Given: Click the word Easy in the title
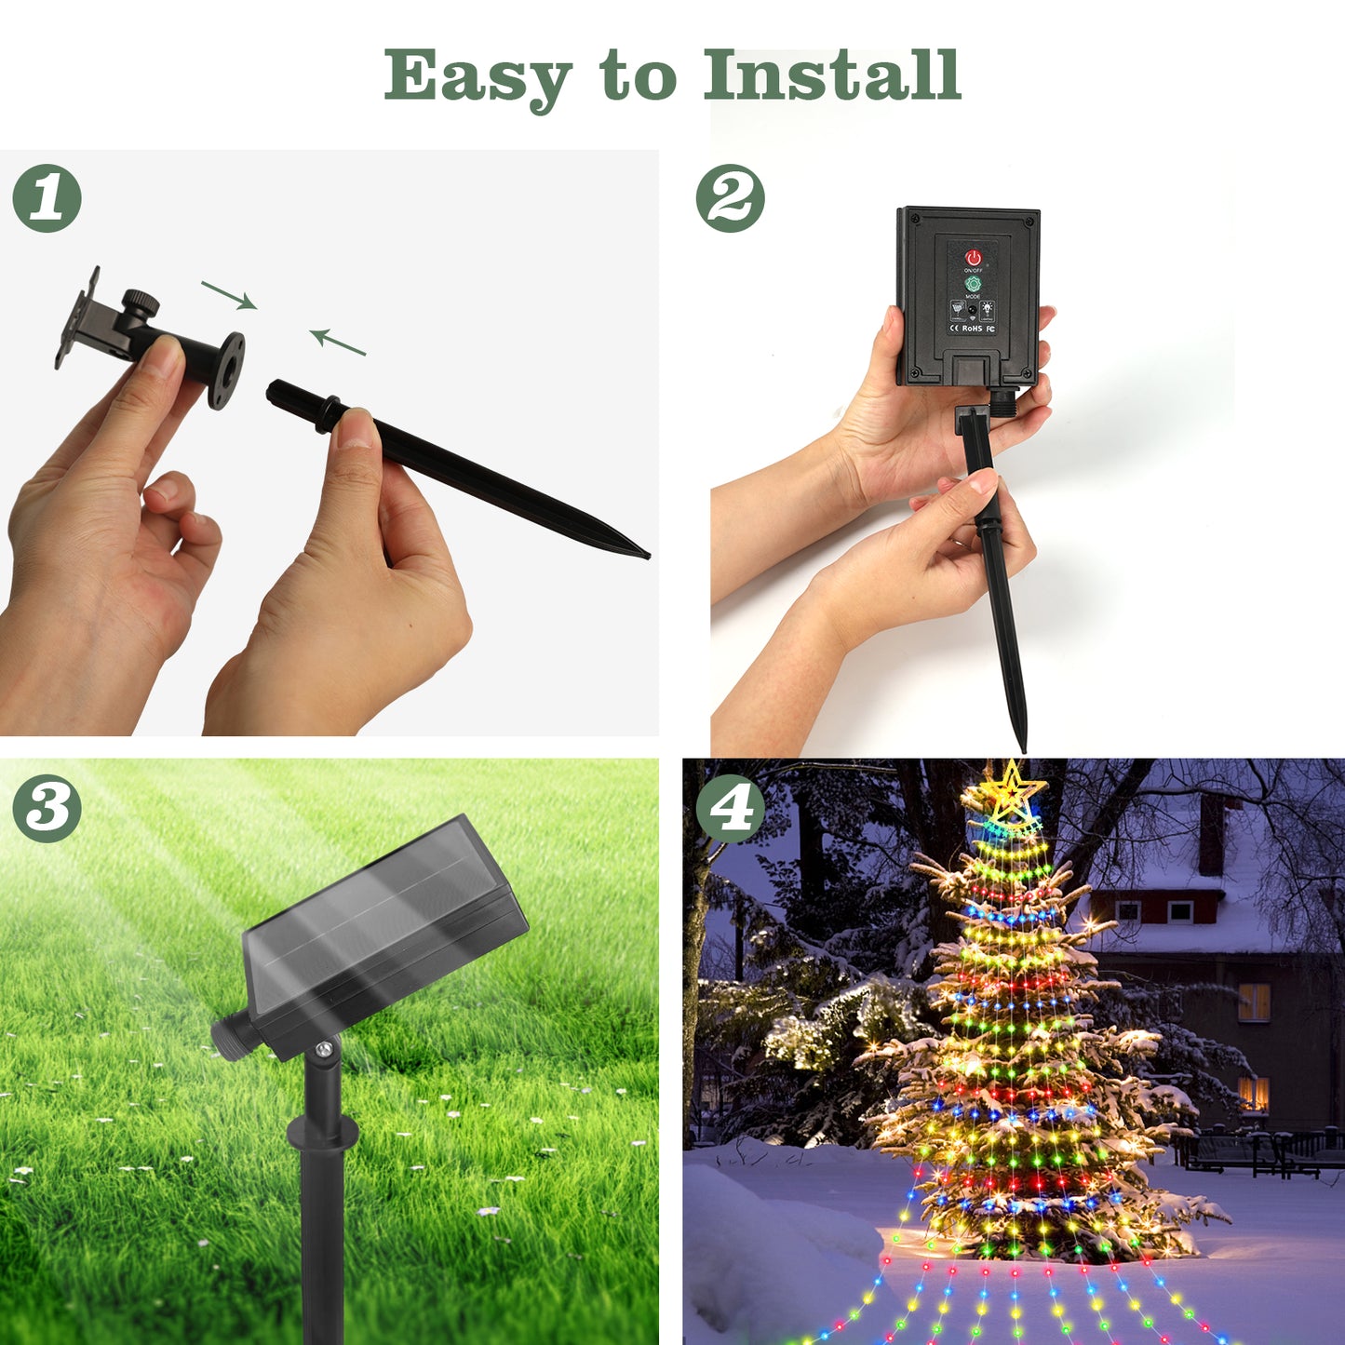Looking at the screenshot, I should [x=477, y=76].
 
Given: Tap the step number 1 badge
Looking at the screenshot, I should [x=47, y=198].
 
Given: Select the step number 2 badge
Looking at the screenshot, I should [x=731, y=198].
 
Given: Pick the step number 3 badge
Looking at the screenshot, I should [x=47, y=809].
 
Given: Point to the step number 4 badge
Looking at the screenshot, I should [x=731, y=809].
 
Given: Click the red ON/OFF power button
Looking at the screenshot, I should [x=974, y=257].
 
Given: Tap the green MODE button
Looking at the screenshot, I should [x=974, y=283].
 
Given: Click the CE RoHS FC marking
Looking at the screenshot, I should [x=972, y=329].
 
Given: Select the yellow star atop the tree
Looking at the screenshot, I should [x=1011, y=791].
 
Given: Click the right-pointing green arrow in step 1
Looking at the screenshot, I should [x=229, y=295].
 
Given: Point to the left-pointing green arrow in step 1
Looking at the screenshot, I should [x=337, y=342].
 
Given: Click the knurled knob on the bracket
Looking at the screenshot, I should [x=142, y=303].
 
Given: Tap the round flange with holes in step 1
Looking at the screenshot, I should [x=226, y=370].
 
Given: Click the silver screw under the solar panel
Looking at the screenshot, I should [x=323, y=1049].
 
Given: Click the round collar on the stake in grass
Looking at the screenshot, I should [x=322, y=1131].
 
